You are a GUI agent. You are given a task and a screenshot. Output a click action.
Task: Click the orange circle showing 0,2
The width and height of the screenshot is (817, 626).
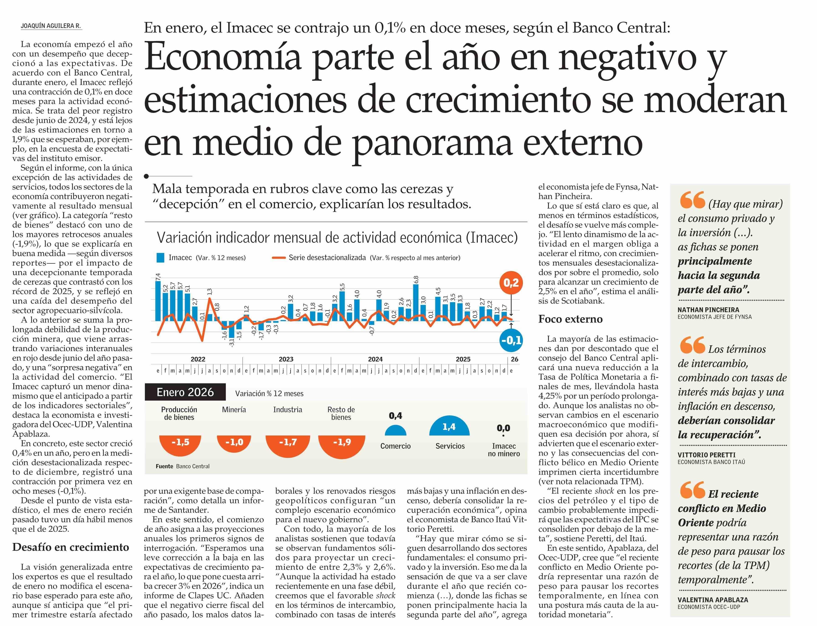(511, 283)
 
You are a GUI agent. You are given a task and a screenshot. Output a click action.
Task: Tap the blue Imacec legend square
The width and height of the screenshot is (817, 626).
(160, 258)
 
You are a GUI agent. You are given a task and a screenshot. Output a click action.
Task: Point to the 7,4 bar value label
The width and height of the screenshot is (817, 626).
(158, 276)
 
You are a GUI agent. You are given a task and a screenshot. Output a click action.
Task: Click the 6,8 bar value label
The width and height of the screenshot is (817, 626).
(416, 279)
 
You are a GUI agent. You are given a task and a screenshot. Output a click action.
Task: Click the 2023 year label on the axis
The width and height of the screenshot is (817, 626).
(286, 359)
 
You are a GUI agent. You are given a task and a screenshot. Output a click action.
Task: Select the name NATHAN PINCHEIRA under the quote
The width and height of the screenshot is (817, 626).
(708, 310)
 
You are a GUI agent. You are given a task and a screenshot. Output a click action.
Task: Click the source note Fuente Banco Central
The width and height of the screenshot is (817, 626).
(182, 466)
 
